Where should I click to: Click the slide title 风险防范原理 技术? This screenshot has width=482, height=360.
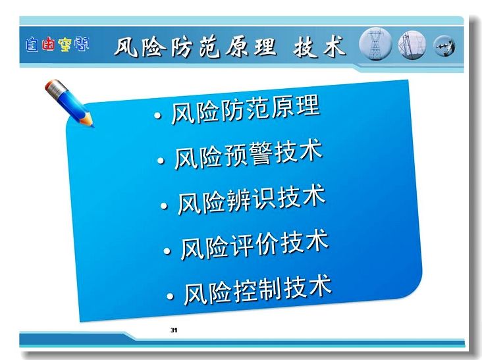pyautogui.click(x=230, y=47)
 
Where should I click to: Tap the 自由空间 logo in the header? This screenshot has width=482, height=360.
pyautogui.click(x=57, y=45)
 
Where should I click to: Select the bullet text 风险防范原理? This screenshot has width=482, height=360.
pyautogui.click(x=246, y=110)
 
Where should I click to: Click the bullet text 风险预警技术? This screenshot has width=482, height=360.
pyautogui.click(x=248, y=155)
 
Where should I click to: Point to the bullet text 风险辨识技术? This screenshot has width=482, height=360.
pyautogui.click(x=252, y=199)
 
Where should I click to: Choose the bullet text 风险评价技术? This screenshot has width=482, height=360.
pyautogui.click(x=255, y=245)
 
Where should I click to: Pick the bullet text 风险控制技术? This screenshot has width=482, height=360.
pyautogui.click(x=257, y=290)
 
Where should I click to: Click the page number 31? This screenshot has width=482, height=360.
pyautogui.click(x=174, y=330)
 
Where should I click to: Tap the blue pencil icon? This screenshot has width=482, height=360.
pyautogui.click(x=69, y=102)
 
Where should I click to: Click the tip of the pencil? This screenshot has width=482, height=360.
pyautogui.click(x=93, y=125)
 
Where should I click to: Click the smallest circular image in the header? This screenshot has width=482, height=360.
pyautogui.click(x=444, y=46)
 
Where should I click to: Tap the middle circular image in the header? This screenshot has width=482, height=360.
pyautogui.click(x=412, y=45)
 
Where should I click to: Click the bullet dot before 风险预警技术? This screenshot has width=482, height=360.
pyautogui.click(x=161, y=161)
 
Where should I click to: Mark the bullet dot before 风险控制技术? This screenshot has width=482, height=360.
pyautogui.click(x=170, y=296)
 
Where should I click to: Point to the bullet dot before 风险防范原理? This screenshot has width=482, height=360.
pyautogui.click(x=157, y=115)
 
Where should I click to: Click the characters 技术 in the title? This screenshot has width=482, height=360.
pyautogui.click(x=320, y=47)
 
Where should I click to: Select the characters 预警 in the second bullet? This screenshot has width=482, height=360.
pyautogui.click(x=248, y=155)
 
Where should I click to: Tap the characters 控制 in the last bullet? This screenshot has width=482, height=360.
pyautogui.click(x=257, y=290)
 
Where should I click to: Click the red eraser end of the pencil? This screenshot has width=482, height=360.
pyautogui.click(x=49, y=85)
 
